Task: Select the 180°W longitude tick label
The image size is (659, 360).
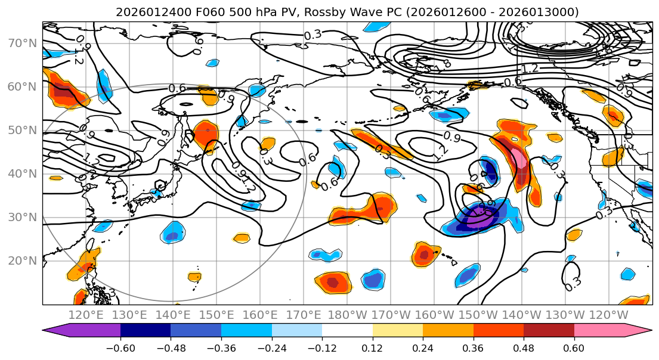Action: (348, 315)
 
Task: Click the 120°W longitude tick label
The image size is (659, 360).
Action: (609, 315)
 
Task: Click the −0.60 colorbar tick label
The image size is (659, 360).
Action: (120, 347)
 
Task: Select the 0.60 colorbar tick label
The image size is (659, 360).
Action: (574, 347)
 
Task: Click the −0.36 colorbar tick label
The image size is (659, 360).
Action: (221, 347)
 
